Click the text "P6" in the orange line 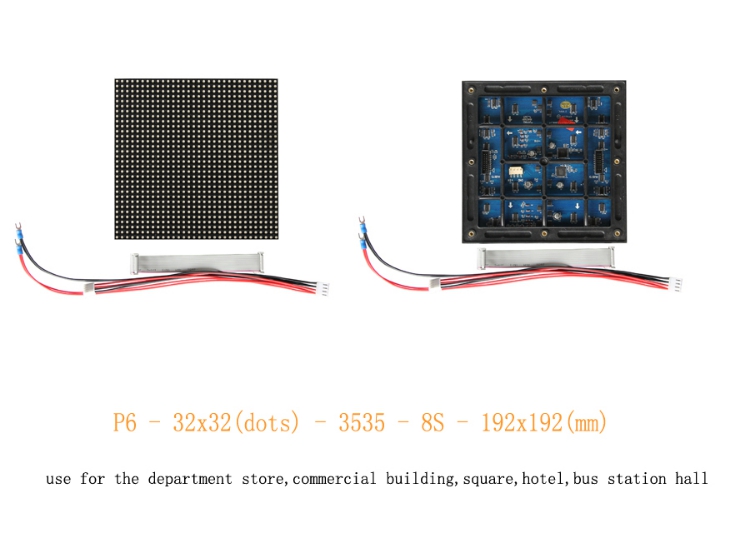click(124, 422)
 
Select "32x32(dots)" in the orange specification click(236, 422)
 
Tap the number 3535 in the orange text click(362, 422)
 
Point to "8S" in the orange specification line click(432, 422)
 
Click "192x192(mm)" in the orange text click(544, 422)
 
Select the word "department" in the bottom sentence click(190, 478)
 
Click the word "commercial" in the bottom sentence click(334, 478)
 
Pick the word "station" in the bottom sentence click(637, 478)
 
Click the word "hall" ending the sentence click(691, 478)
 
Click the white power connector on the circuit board click(516, 171)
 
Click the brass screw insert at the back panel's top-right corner click(617, 90)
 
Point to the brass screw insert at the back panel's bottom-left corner click(471, 234)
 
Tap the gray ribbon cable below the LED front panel click(198, 262)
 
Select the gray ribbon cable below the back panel click(546, 257)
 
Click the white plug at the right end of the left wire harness click(324, 289)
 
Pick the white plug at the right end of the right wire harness click(677, 283)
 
